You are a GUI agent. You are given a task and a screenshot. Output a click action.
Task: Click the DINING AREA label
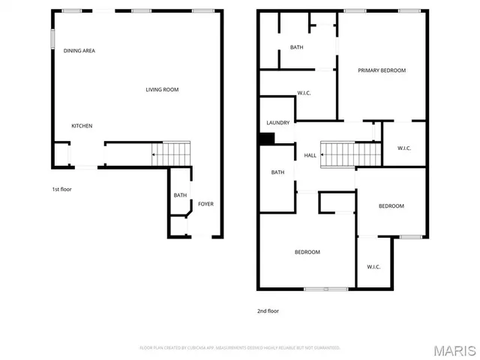(x=79, y=51)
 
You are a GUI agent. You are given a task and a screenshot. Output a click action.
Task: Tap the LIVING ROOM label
(x=162, y=90)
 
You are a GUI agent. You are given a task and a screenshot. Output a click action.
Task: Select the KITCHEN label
(x=82, y=126)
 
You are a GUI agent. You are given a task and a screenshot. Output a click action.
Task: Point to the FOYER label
(x=205, y=203)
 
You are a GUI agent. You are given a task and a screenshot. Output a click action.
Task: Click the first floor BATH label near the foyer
(x=180, y=196)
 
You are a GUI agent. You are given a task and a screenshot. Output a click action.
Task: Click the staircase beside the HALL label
(x=351, y=154)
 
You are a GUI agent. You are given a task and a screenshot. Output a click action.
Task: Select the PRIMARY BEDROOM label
(x=381, y=70)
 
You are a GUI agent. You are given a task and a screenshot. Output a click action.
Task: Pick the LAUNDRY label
(x=277, y=123)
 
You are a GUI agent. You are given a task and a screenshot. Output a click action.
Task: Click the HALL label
(x=310, y=155)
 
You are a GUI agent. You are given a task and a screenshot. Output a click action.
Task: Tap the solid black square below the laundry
(x=266, y=138)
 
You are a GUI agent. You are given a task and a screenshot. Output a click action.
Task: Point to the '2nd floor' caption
(x=268, y=310)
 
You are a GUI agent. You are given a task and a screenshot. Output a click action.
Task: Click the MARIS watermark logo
(x=454, y=349)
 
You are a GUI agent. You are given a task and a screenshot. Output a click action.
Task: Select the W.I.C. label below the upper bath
(x=304, y=93)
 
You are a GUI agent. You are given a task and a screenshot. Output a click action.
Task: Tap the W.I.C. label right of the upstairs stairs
(x=403, y=148)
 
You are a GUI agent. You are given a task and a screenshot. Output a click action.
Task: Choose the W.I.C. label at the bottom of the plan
(x=373, y=267)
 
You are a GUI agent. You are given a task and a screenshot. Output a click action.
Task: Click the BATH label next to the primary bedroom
(x=296, y=47)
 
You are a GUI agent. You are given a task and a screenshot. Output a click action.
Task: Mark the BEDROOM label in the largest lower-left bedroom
(x=307, y=252)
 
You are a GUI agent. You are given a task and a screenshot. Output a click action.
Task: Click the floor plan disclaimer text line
(x=240, y=348)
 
